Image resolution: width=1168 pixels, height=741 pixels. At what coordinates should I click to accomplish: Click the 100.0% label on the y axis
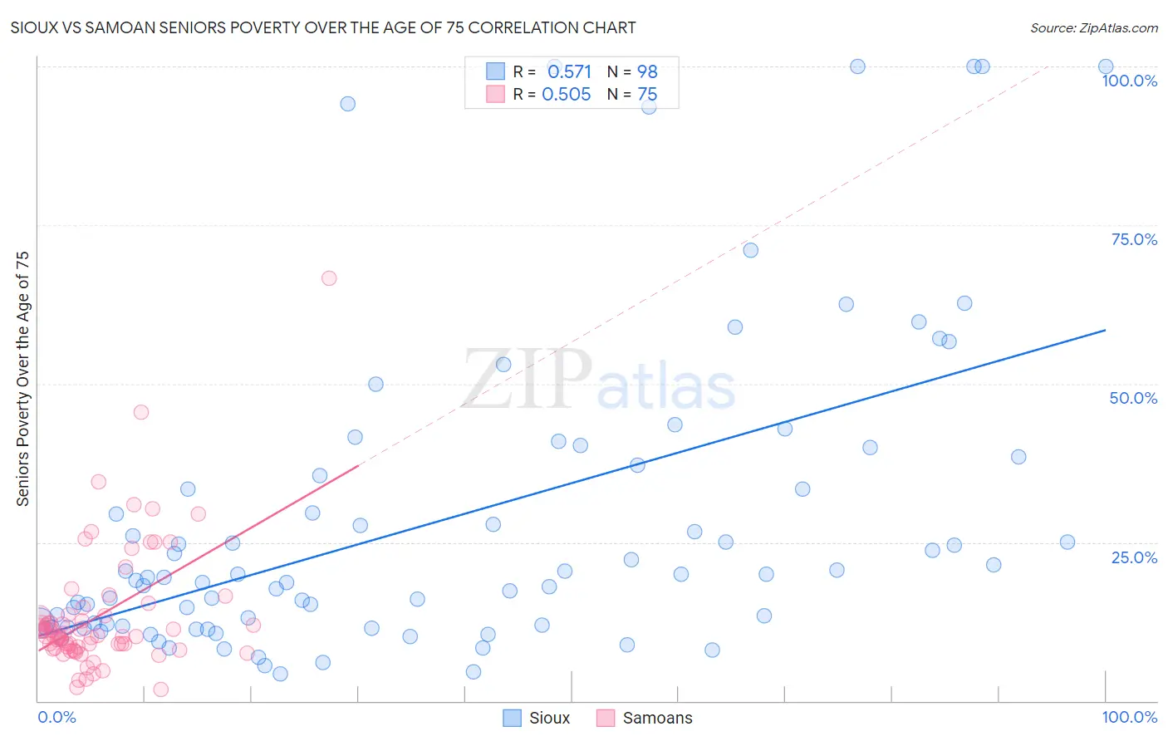click(1129, 81)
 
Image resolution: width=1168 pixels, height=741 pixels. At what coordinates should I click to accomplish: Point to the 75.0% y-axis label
click(1134, 239)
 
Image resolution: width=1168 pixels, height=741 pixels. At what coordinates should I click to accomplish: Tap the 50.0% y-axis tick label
click(1133, 398)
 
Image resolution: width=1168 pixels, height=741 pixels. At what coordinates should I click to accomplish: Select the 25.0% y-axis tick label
click(1134, 557)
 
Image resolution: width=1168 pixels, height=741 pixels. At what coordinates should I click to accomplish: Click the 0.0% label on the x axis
click(56, 717)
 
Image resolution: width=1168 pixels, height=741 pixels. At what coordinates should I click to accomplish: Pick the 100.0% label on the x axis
click(1129, 717)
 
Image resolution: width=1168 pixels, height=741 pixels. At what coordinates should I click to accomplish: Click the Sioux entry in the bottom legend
click(549, 718)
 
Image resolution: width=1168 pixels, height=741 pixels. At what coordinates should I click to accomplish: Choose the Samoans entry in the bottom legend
click(657, 718)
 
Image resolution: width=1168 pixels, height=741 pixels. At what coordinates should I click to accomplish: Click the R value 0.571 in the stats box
click(569, 71)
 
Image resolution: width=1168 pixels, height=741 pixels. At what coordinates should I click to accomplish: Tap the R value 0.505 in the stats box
click(567, 95)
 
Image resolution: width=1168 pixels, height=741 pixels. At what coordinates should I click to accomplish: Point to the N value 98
click(647, 71)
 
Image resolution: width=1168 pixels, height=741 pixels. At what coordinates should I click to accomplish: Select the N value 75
click(647, 95)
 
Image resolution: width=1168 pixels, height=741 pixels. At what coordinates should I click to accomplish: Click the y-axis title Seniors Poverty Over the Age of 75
click(23, 379)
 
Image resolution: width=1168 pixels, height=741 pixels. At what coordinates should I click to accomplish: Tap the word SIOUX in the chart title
click(33, 27)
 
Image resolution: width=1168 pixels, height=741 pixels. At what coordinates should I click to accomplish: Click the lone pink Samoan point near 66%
click(329, 278)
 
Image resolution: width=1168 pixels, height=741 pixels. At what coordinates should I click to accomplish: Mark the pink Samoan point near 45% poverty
click(141, 412)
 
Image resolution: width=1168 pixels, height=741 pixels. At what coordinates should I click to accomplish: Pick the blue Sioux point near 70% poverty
click(751, 250)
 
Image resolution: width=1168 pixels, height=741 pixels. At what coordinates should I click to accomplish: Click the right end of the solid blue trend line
click(1105, 331)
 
